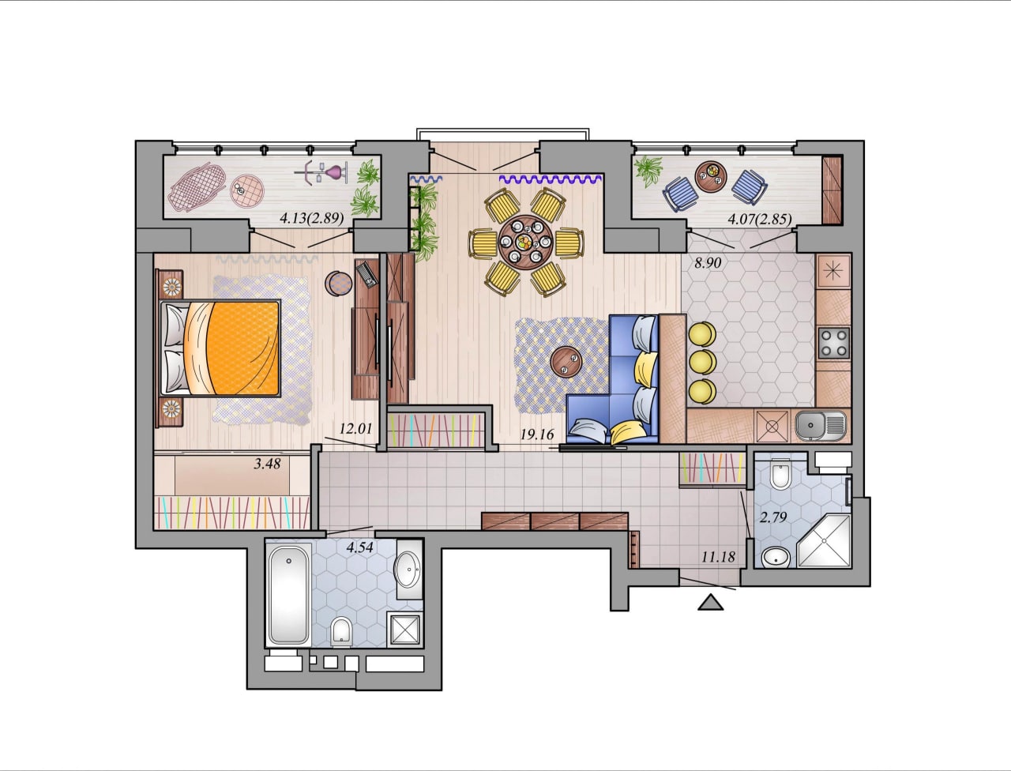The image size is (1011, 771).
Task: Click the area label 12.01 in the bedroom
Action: tap(355, 429)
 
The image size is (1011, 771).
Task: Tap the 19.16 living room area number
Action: tap(537, 434)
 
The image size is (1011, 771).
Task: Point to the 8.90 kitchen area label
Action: tap(708, 263)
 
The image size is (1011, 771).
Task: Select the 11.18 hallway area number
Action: tap(718, 557)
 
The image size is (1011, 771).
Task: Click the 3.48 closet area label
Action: tap(267, 464)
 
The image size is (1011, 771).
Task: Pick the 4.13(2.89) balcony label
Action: tap(312, 218)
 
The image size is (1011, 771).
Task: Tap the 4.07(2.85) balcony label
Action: tap(760, 218)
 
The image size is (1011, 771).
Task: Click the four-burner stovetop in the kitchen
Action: tap(834, 343)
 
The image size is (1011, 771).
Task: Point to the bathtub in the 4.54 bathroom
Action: tap(288, 594)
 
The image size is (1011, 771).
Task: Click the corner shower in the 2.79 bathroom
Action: tap(825, 540)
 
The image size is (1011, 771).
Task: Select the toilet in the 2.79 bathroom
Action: tap(780, 474)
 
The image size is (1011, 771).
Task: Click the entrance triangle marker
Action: tap(710, 603)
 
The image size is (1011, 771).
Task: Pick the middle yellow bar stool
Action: tap(702, 362)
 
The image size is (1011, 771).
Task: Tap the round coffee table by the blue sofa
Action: tap(566, 362)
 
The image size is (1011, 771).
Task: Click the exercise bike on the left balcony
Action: tap(321, 173)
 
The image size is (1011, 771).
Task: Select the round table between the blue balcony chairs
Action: tap(711, 176)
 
